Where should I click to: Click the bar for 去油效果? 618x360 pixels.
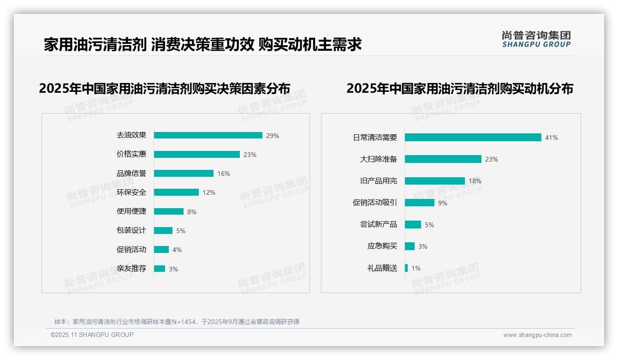tap(208, 135)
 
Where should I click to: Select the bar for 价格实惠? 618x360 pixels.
tap(197, 154)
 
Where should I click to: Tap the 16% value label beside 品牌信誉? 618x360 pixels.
tap(224, 174)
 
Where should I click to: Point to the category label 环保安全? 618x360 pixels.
tap(131, 192)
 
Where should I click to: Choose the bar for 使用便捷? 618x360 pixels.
tap(169, 211)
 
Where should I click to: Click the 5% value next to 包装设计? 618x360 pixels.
tap(181, 231)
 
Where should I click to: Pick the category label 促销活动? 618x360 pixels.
tap(131, 250)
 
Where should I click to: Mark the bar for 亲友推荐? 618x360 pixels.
tap(160, 269)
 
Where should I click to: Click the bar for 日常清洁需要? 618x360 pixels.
tap(473, 138)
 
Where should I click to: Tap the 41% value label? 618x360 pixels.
tap(552, 138)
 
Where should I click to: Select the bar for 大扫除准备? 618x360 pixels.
tap(443, 159)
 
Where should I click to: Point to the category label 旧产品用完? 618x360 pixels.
tap(379, 181)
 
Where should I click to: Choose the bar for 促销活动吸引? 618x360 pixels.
tap(420, 203)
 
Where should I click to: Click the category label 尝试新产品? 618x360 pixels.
tap(379, 224)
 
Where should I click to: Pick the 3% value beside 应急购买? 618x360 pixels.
tap(423, 246)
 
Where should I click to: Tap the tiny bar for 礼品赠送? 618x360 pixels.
tap(406, 268)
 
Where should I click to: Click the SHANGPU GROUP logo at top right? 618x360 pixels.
tap(536, 39)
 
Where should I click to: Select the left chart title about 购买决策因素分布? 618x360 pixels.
tap(165, 88)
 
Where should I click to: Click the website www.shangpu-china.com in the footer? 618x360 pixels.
tap(537, 335)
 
